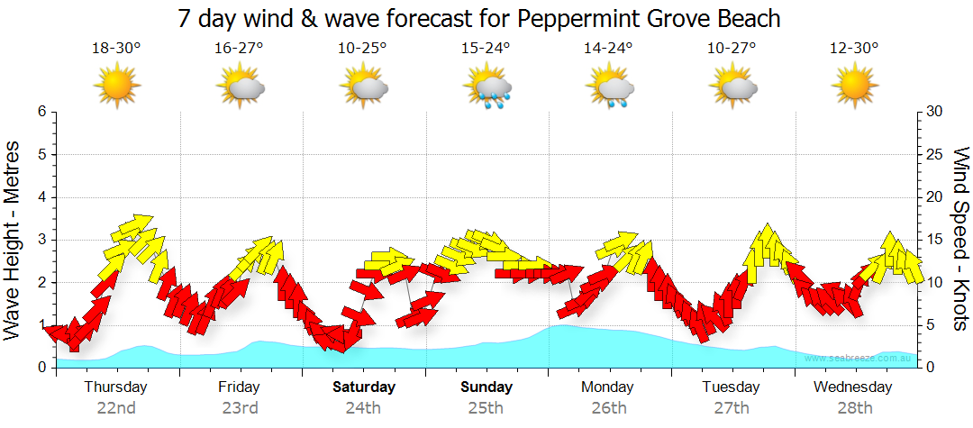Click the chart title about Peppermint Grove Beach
click(x=478, y=18)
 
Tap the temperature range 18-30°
click(x=116, y=49)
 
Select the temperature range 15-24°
click(x=486, y=49)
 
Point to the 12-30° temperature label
click(x=854, y=49)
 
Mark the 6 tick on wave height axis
click(x=41, y=112)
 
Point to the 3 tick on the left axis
click(x=41, y=240)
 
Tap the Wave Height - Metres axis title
click(x=14, y=240)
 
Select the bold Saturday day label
click(x=364, y=387)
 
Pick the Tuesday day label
click(x=731, y=387)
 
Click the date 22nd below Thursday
click(x=116, y=407)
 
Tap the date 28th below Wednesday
click(x=853, y=407)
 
